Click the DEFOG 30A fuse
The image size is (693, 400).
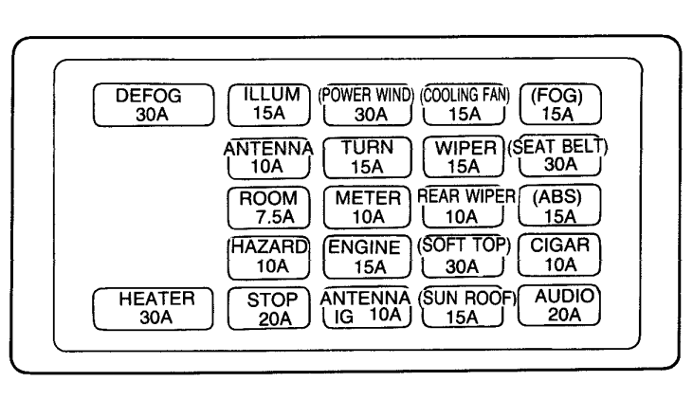[x=154, y=105]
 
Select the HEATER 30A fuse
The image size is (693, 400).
[x=153, y=309]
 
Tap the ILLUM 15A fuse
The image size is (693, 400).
[x=269, y=105]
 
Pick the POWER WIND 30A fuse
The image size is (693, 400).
[x=367, y=105]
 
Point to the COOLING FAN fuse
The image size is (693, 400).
[x=465, y=105]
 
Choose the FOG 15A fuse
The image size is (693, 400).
[x=560, y=105]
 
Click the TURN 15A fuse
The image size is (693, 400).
[x=367, y=157]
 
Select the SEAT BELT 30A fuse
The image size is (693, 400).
[x=558, y=155]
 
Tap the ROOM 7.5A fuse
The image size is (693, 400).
[x=268, y=208]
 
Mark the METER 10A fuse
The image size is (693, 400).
[x=367, y=208]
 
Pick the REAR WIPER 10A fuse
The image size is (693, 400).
[x=465, y=207]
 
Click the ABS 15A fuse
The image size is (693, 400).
[x=559, y=206]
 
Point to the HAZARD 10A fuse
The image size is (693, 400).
[x=268, y=258]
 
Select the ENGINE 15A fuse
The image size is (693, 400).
[x=367, y=257]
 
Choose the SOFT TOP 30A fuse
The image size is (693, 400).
[x=464, y=256]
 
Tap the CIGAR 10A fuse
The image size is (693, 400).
[x=559, y=255]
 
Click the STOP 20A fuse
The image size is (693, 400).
[x=268, y=308]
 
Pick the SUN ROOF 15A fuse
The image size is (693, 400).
[x=466, y=307]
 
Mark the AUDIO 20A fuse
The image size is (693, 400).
[x=559, y=305]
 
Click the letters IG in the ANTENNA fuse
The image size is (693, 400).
[x=344, y=317]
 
